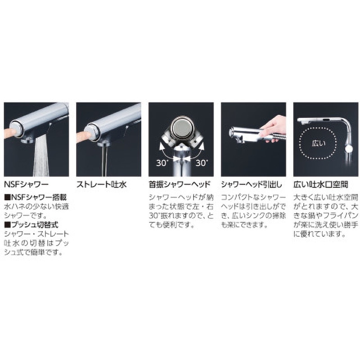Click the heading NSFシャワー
click(x=27, y=184)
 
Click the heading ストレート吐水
click(x=102, y=184)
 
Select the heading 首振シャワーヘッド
click(x=180, y=184)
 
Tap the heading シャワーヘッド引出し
click(x=252, y=184)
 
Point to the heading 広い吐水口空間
click(x=321, y=184)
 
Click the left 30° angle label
click(x=162, y=163)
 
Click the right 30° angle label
click(x=202, y=163)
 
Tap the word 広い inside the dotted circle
click(x=319, y=144)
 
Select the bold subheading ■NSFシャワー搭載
click(x=36, y=197)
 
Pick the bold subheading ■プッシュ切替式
click(x=31, y=225)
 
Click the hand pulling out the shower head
click(x=274, y=128)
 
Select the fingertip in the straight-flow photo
click(x=84, y=135)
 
